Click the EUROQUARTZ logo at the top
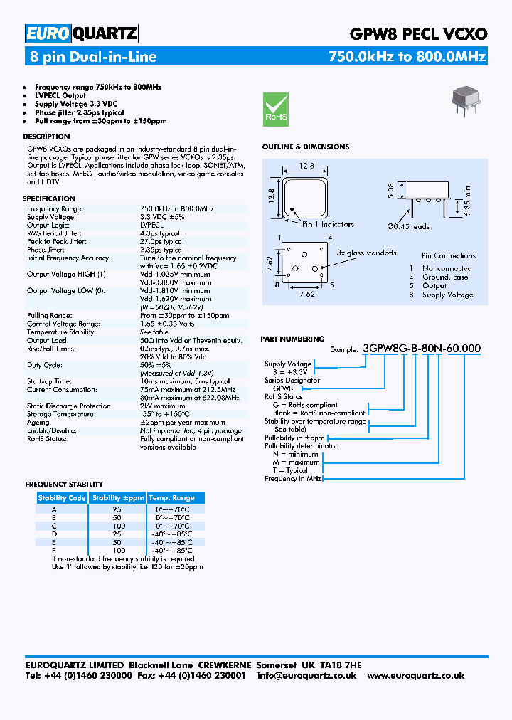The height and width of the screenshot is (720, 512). click(x=82, y=33)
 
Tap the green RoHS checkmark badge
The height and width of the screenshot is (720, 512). click(x=276, y=109)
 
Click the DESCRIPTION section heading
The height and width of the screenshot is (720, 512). click(x=46, y=136)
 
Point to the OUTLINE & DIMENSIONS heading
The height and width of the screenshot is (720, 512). click(x=306, y=147)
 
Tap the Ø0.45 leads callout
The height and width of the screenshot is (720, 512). click(x=408, y=226)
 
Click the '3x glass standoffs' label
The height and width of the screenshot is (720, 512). click(x=366, y=253)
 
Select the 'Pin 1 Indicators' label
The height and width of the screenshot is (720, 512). click(x=328, y=224)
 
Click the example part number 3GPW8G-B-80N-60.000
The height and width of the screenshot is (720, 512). click(x=422, y=349)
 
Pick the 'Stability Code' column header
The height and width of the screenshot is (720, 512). click(x=62, y=498)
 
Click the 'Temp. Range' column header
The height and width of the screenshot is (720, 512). click(x=171, y=498)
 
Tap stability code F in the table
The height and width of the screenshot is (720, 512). click(x=54, y=551)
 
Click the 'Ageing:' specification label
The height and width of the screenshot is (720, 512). click(x=39, y=423)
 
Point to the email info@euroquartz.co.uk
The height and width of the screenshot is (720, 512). click(x=306, y=675)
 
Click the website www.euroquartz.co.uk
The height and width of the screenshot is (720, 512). click(x=417, y=675)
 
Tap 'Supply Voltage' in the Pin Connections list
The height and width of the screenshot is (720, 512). click(x=447, y=295)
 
